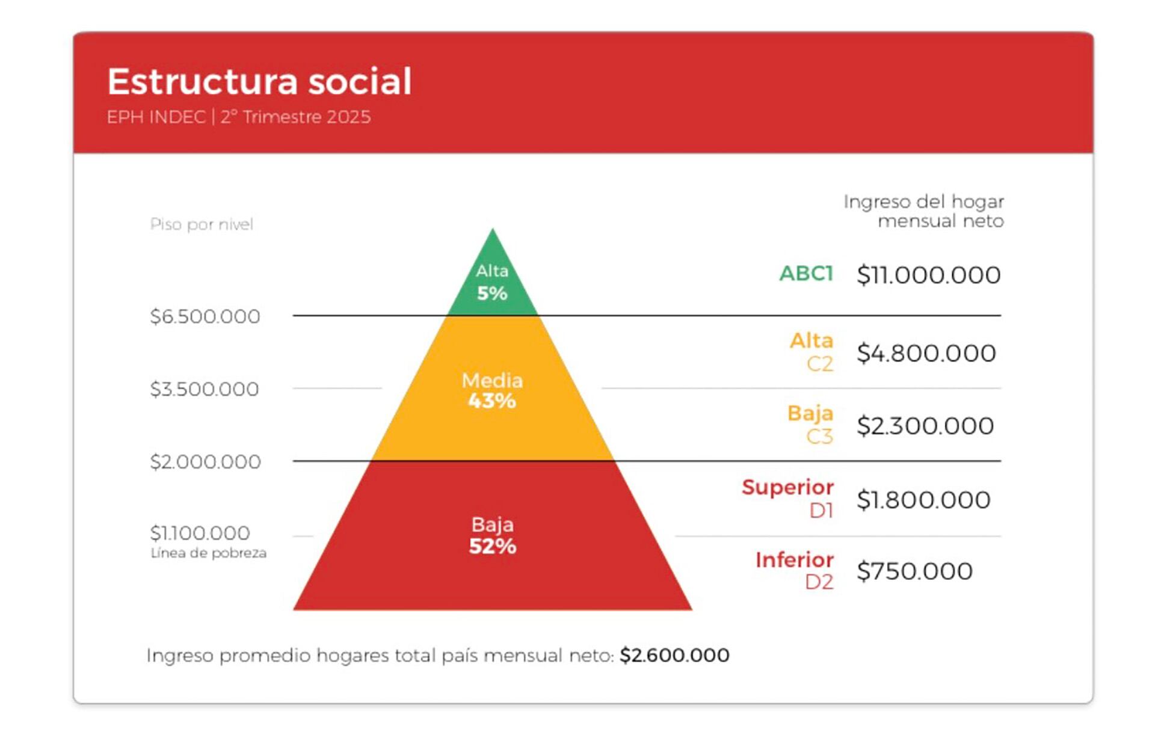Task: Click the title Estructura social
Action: (x=259, y=82)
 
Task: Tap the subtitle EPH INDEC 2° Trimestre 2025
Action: (x=239, y=117)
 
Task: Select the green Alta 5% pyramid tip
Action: (x=492, y=283)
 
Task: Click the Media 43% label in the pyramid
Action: (x=492, y=390)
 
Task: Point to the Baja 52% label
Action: (x=492, y=535)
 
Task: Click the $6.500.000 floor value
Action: (x=205, y=316)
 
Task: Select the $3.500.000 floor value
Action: (x=205, y=389)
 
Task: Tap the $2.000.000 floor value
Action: (x=205, y=462)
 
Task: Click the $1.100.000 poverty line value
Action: (x=200, y=533)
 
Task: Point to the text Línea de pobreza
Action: (x=208, y=553)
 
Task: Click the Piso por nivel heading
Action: (x=202, y=224)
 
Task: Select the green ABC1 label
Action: (x=806, y=274)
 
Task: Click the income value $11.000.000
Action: (x=928, y=275)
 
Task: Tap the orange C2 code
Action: (x=819, y=364)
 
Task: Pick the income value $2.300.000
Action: (x=925, y=426)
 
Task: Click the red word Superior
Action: (x=787, y=487)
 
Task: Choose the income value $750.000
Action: (x=914, y=571)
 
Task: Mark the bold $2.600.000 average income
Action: (x=674, y=655)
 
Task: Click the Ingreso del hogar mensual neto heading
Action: (x=923, y=211)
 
